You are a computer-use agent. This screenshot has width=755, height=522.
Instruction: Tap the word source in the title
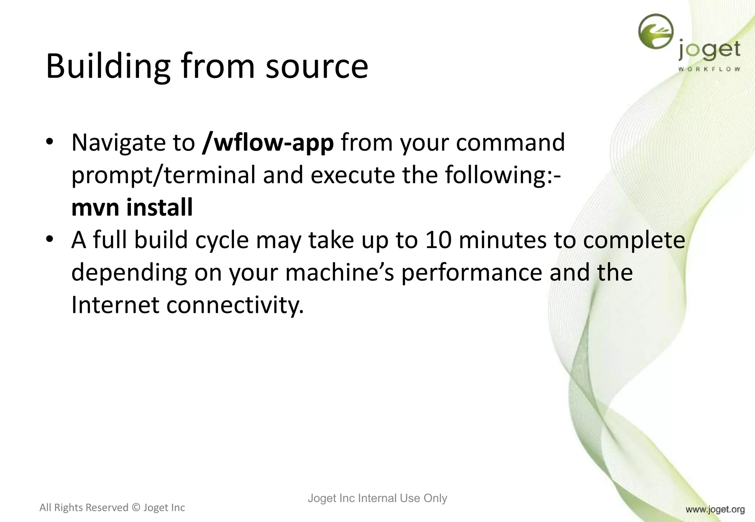[x=317, y=67]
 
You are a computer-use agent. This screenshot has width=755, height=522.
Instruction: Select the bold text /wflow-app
[x=268, y=143]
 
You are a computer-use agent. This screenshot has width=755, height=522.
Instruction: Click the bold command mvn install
[x=132, y=207]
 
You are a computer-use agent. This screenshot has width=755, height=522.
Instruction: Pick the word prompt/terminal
[x=163, y=175]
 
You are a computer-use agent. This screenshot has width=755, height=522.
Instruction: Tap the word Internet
[x=115, y=305]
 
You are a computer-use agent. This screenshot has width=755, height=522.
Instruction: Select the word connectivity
[x=235, y=305]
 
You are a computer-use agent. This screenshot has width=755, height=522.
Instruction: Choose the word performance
[x=472, y=273]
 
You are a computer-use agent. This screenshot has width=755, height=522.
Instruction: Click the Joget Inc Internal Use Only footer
[x=377, y=498]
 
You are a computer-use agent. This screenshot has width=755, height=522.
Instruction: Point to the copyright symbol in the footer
[x=136, y=508]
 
